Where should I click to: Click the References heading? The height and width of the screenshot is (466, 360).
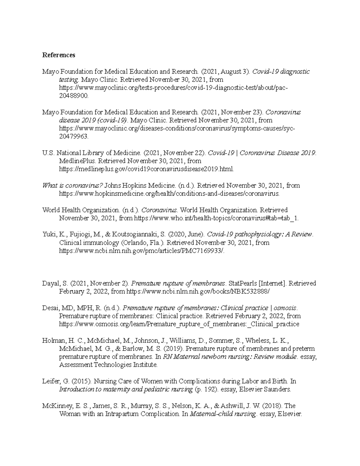point(58,55)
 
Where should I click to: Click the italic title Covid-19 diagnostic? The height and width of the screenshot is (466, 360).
point(281,72)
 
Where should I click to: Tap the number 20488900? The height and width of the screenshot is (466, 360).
point(74,96)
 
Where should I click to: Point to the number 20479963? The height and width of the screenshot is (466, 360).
point(74,137)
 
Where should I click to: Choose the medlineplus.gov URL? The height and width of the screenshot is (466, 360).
point(146,169)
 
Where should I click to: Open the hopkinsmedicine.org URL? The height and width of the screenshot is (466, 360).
point(169,194)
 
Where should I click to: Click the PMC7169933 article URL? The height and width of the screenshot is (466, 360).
point(142,251)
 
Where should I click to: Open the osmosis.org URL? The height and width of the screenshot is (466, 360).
point(179,324)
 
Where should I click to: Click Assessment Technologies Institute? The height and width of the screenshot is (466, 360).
point(108,365)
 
